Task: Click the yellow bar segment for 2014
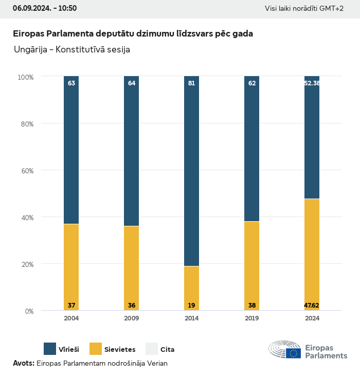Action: [x=191, y=288]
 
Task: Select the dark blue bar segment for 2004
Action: [x=71, y=149]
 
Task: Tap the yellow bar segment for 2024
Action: [x=312, y=255]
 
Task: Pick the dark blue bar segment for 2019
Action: [x=251, y=149]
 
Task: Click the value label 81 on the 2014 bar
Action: [x=191, y=83]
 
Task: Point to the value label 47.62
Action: [x=312, y=306]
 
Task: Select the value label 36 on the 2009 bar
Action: [x=131, y=306]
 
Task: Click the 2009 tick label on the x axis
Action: [x=131, y=318]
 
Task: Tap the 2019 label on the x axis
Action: [x=251, y=318]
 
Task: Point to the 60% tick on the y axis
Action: [x=26, y=171]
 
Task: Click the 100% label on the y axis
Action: [x=26, y=77]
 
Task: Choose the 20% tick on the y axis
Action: [x=26, y=264]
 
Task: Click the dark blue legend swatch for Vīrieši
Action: [x=50, y=349]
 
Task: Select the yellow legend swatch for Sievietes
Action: [x=96, y=349]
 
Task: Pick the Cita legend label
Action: [x=167, y=350]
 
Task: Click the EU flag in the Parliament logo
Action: [x=294, y=353]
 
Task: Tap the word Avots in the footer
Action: [x=23, y=363]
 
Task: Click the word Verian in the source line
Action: [x=157, y=363]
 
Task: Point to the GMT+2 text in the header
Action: [x=332, y=8]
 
